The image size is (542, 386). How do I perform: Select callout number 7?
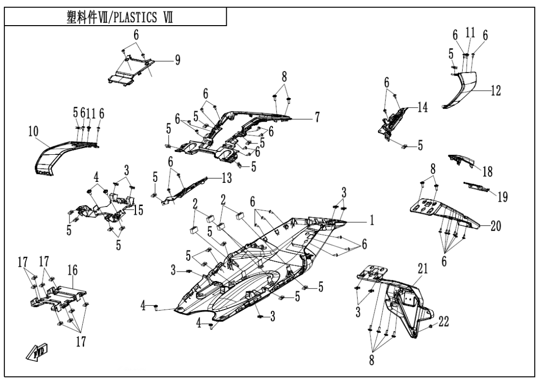coord(318,117)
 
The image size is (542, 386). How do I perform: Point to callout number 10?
coord(33,132)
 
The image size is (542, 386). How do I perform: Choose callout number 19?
coord(502,197)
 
